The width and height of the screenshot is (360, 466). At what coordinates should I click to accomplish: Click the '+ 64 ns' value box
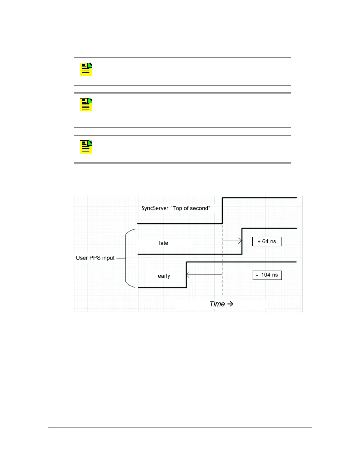[x=267, y=242]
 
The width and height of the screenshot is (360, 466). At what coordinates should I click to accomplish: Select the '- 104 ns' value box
[x=267, y=275]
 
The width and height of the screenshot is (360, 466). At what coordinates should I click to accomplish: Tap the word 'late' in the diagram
[x=164, y=243]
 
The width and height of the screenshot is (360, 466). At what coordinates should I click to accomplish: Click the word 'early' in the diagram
[x=164, y=276]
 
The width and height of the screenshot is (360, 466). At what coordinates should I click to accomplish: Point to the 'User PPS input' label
[x=95, y=258]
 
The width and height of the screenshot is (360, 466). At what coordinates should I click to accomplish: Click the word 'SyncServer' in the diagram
[x=155, y=208]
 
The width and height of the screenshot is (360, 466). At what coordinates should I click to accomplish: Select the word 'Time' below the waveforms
[x=217, y=304]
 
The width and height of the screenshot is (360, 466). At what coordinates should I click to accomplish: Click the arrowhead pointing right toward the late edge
[x=240, y=241]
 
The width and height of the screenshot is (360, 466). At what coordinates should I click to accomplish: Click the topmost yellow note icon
[x=86, y=69]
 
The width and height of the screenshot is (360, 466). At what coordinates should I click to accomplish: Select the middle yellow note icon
[x=86, y=105]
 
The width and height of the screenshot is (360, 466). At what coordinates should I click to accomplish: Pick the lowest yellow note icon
[x=86, y=147]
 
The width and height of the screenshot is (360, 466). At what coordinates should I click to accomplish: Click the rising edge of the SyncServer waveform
[x=222, y=211]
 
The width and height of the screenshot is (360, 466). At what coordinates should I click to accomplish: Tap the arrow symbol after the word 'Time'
[x=230, y=304]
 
